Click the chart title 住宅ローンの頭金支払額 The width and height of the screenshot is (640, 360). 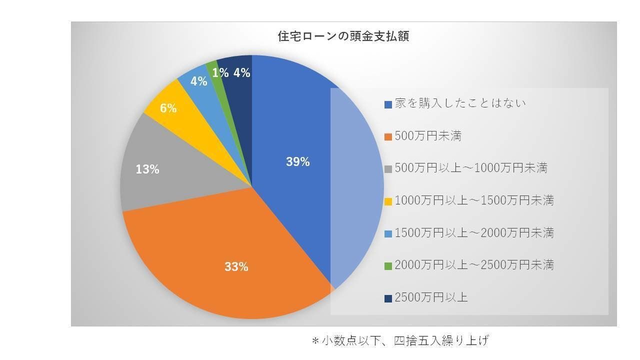(x=343, y=36)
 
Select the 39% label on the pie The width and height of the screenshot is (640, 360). (x=298, y=162)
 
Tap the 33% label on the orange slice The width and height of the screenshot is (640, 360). (x=236, y=267)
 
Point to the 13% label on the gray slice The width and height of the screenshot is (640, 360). (x=147, y=169)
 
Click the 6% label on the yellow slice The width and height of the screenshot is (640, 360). (x=168, y=108)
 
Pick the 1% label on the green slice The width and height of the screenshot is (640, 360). (x=220, y=73)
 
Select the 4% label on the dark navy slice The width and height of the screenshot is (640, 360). (x=241, y=73)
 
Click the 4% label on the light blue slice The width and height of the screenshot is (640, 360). (x=199, y=81)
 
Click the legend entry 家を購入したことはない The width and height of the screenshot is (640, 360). (x=460, y=103)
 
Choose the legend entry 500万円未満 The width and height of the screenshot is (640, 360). (x=427, y=136)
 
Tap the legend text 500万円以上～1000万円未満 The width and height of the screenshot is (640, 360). (x=471, y=168)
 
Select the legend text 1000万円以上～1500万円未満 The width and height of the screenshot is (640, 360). (x=474, y=200)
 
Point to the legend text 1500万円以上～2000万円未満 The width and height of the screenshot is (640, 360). (x=474, y=233)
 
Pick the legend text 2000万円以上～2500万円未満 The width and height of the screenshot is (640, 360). (x=474, y=265)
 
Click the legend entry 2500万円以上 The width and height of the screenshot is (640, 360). (x=431, y=297)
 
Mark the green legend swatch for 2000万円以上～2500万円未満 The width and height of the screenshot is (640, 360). (x=388, y=266)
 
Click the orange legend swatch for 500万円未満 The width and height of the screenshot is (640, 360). (x=388, y=137)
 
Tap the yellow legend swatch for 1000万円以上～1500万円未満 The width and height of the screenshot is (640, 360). (x=388, y=201)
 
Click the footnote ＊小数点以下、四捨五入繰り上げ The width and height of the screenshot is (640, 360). (x=399, y=341)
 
